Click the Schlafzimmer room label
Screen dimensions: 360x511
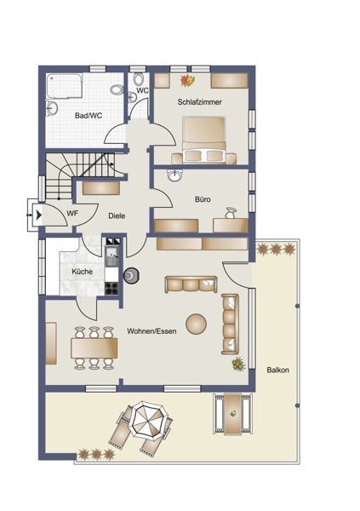click(199, 102)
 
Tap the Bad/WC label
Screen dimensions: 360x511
click(89, 115)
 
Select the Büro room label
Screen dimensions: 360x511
click(203, 199)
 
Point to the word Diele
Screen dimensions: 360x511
click(117, 215)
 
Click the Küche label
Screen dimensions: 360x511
click(82, 272)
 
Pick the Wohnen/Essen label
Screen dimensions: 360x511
click(151, 331)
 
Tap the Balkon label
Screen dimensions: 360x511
click(278, 370)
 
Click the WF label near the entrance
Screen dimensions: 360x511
click(72, 214)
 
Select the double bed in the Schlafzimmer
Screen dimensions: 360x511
click(204, 140)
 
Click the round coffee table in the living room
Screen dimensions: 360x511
click(196, 324)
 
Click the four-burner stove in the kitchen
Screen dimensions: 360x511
click(111, 289)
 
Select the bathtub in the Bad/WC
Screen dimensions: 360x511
click(64, 86)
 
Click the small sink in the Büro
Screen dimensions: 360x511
click(175, 175)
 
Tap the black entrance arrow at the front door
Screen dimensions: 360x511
click(39, 215)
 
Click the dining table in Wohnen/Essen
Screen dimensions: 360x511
click(94, 348)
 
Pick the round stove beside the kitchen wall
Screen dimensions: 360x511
click(132, 276)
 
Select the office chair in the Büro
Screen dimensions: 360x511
click(231, 213)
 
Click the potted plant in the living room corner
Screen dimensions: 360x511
click(239, 364)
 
